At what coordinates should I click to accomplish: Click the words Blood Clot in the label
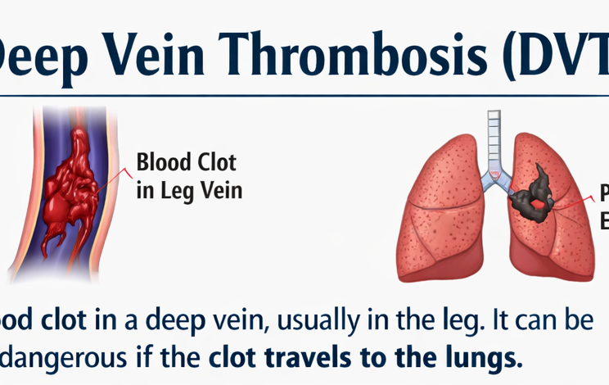tap(187, 161)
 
